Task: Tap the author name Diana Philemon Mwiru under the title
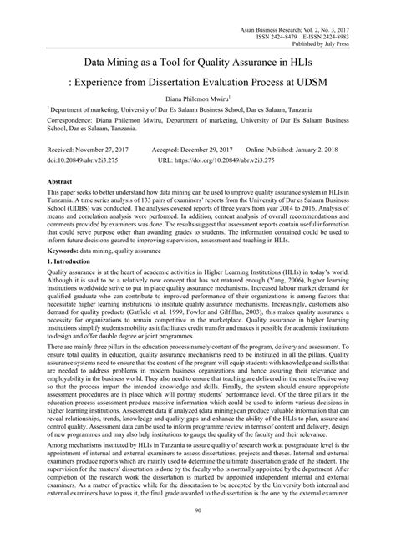click(197, 97)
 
